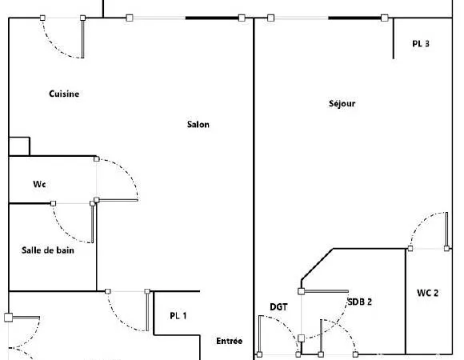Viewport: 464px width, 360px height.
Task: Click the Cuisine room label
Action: click(x=64, y=94)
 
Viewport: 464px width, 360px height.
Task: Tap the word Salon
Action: click(x=198, y=124)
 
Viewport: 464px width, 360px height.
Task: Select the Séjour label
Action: click(x=342, y=103)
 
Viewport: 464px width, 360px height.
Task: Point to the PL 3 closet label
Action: click(x=421, y=44)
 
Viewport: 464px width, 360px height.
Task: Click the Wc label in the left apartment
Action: click(x=39, y=184)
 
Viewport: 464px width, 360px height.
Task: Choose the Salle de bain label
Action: click(x=48, y=250)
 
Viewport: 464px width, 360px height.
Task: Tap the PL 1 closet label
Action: click(x=178, y=316)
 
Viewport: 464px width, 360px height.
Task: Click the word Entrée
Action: click(x=230, y=341)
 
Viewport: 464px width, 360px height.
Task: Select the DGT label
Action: click(x=278, y=307)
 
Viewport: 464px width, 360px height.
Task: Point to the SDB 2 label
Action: click(x=359, y=302)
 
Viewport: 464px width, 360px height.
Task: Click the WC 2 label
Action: click(x=428, y=293)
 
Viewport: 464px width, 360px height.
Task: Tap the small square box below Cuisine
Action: click(x=19, y=146)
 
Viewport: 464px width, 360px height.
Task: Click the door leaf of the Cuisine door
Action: click(x=82, y=38)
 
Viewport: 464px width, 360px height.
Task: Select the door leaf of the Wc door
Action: click(x=118, y=200)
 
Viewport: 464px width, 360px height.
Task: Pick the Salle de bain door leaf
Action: click(x=92, y=223)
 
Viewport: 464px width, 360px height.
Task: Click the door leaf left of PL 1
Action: click(x=147, y=311)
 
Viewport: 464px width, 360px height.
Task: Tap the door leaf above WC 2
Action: click(x=447, y=230)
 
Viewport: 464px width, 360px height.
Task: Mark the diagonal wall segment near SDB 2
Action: click(x=318, y=264)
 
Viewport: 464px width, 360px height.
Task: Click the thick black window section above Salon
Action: click(x=212, y=18)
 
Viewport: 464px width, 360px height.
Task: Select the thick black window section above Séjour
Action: click(x=355, y=18)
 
